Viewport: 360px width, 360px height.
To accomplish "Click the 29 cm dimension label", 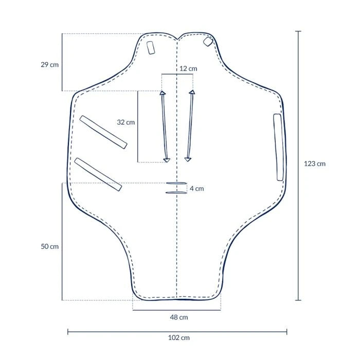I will click(x=50, y=65).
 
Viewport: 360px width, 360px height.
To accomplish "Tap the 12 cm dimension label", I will click(x=188, y=68).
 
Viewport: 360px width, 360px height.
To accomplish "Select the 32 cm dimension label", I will click(x=126, y=122).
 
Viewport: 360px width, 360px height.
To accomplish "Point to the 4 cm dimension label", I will click(x=196, y=189).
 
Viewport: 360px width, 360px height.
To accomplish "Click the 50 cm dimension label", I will click(x=50, y=246).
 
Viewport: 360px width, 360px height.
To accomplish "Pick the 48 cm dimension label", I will click(x=179, y=317).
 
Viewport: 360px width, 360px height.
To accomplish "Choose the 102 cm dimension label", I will click(x=179, y=338).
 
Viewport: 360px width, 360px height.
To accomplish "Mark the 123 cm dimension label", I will click(x=315, y=164).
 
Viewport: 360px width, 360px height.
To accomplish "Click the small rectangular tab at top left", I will click(x=151, y=48).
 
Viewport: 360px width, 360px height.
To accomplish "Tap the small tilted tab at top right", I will click(x=208, y=41).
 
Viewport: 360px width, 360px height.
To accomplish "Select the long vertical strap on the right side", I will click(x=278, y=147).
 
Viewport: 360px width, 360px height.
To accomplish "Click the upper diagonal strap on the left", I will click(x=104, y=132).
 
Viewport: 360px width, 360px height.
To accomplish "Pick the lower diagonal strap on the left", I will click(x=98, y=174).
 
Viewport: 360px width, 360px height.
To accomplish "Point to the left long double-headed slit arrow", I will click(x=164, y=127).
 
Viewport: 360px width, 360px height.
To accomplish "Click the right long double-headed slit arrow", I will click(x=190, y=126).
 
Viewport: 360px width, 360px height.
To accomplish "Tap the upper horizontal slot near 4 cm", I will click(x=176, y=183).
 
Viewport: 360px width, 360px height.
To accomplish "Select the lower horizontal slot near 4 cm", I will click(x=176, y=193).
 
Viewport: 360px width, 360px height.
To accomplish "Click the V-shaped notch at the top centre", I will click(x=177, y=38).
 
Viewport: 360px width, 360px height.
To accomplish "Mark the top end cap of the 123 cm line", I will click(x=298, y=31).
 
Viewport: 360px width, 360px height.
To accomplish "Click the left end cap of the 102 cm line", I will click(x=68, y=332).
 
